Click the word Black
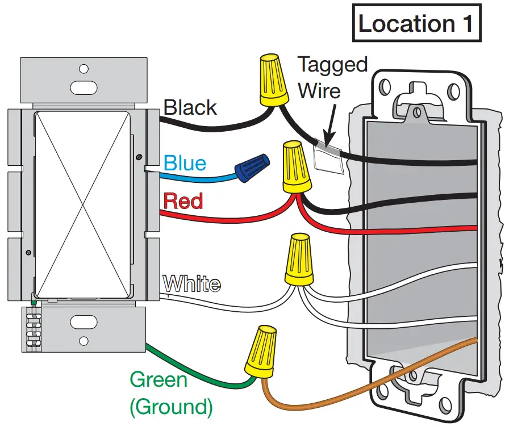[x=190, y=107]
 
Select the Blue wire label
[x=185, y=164]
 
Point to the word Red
[x=183, y=201]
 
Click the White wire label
[x=191, y=283]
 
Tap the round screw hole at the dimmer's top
[x=84, y=69]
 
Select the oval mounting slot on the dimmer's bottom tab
[x=83, y=323]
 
